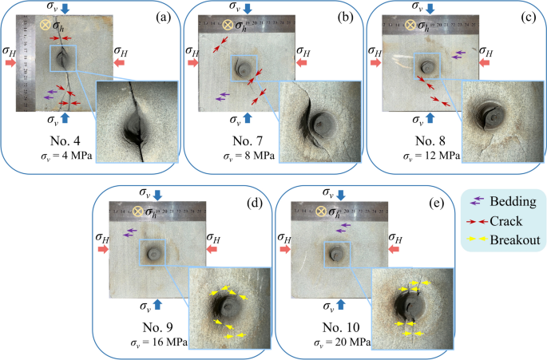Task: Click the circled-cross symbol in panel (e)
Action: coord(324,212)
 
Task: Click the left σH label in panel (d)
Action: coord(101,237)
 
